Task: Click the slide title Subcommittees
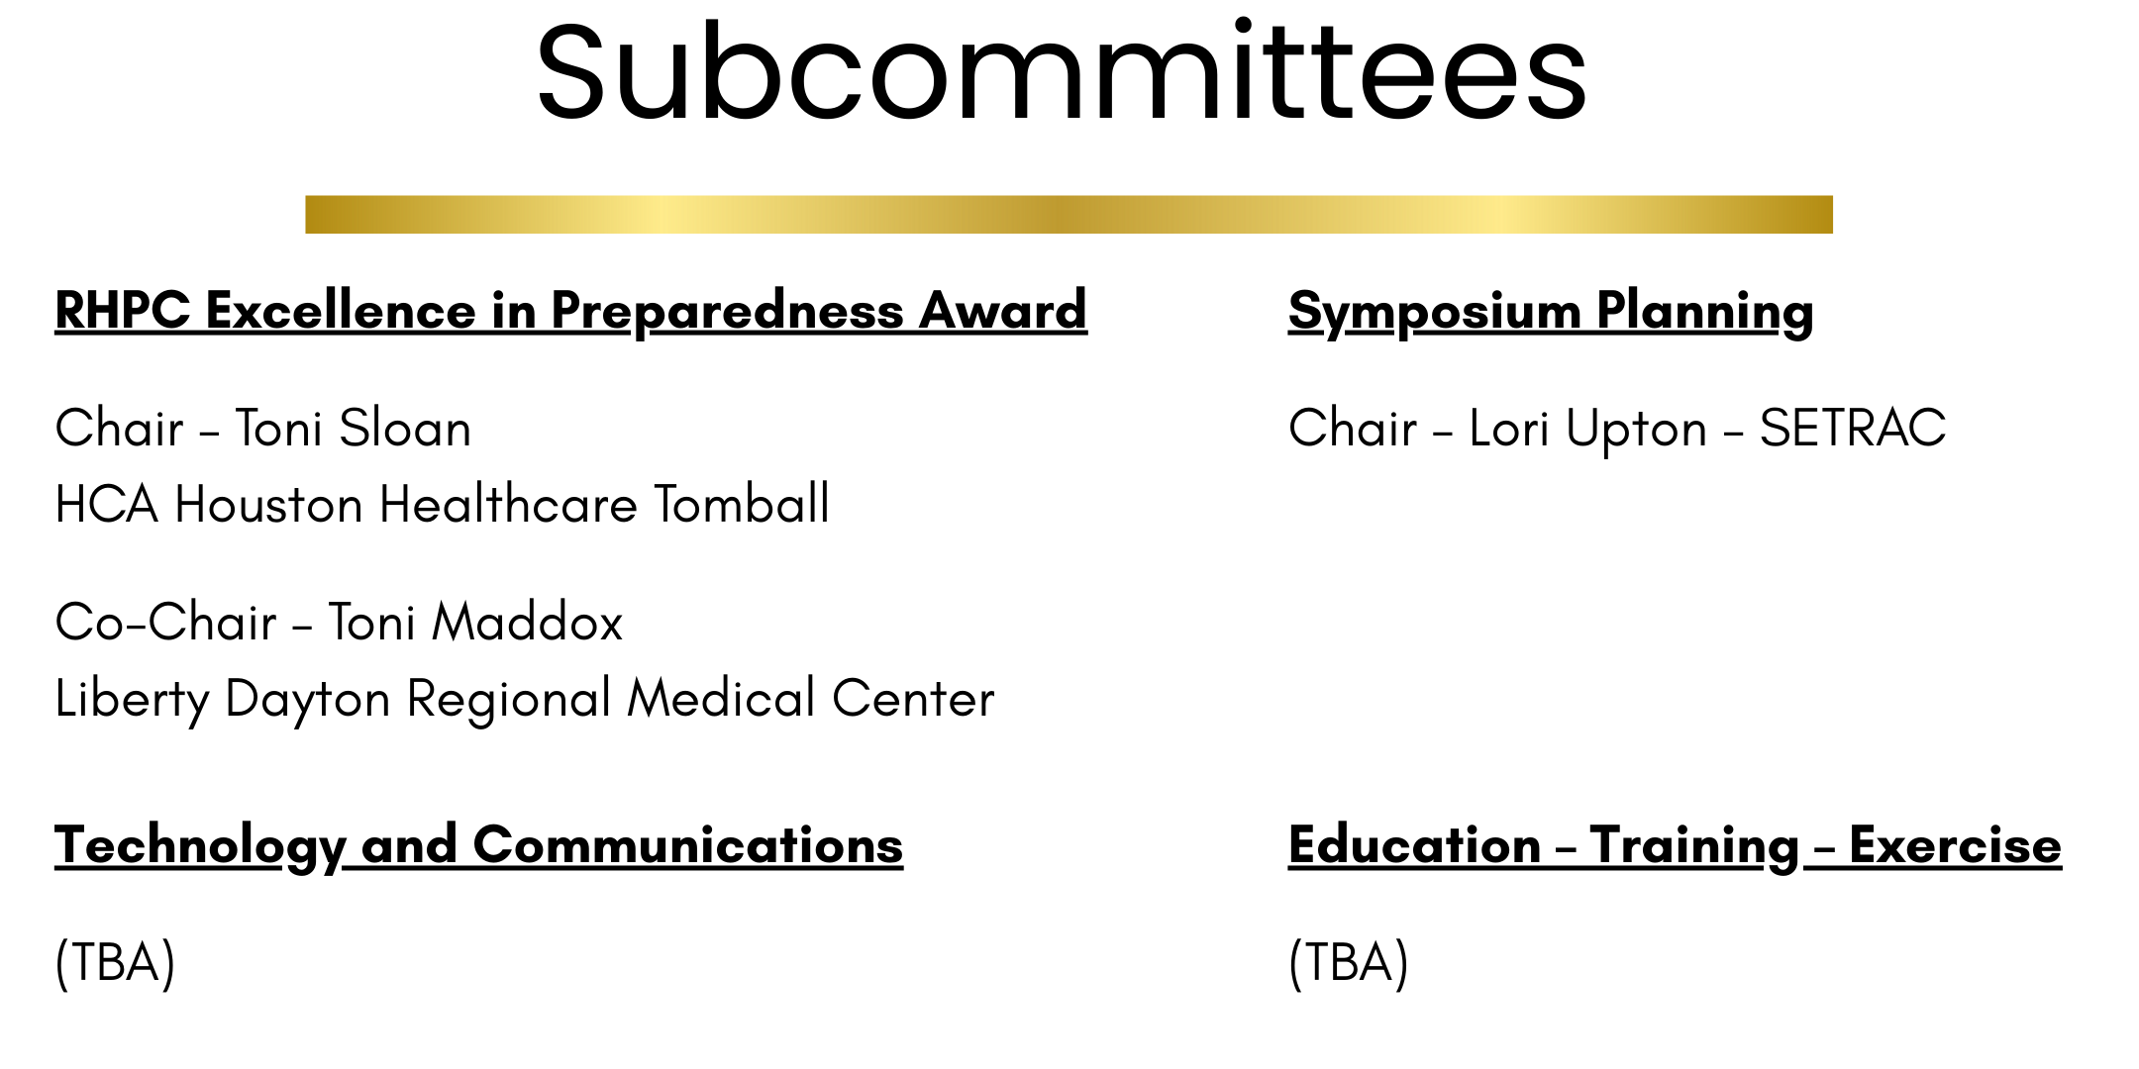point(1062,71)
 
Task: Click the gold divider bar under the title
point(1069,214)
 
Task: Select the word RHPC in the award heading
point(122,310)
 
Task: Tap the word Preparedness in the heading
point(727,312)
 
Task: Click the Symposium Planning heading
point(1551,312)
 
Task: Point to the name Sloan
point(405,429)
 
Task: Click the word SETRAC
point(1853,429)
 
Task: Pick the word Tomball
point(742,504)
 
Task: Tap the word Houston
point(268,504)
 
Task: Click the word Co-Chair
point(165,623)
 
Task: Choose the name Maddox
point(527,623)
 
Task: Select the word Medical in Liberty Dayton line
point(722,698)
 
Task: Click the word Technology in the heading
point(200,846)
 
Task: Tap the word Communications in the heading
point(688,845)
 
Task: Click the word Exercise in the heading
point(1955,845)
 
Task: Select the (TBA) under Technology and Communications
point(115,962)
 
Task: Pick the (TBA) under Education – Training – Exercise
point(1348,962)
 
